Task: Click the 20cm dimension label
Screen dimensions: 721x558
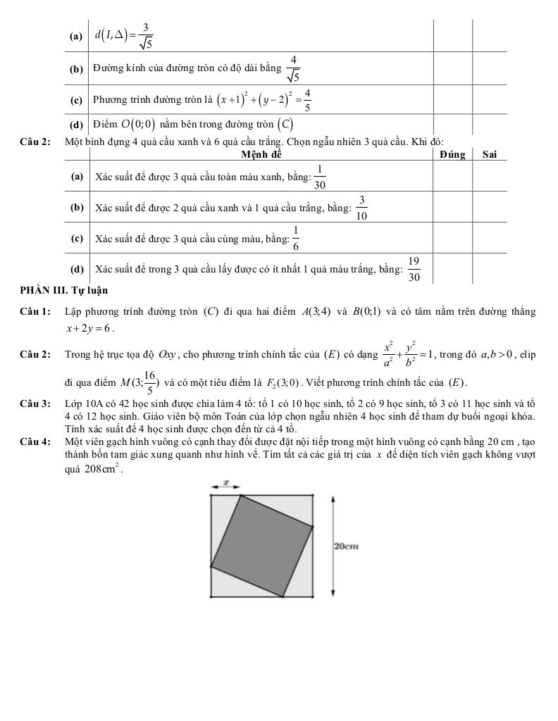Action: (x=346, y=546)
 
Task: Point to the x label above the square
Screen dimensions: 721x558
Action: (x=226, y=482)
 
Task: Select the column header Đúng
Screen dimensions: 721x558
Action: (x=452, y=154)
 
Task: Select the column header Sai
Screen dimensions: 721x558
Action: (x=490, y=154)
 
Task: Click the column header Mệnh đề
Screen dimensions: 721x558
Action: (x=261, y=154)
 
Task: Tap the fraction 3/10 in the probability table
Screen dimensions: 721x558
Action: (x=361, y=208)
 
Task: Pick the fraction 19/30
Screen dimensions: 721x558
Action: (x=414, y=269)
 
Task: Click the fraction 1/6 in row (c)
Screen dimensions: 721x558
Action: (x=296, y=238)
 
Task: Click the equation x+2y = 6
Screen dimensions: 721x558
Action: (x=89, y=328)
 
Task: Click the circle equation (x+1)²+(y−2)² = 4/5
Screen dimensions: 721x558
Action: (x=263, y=100)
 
